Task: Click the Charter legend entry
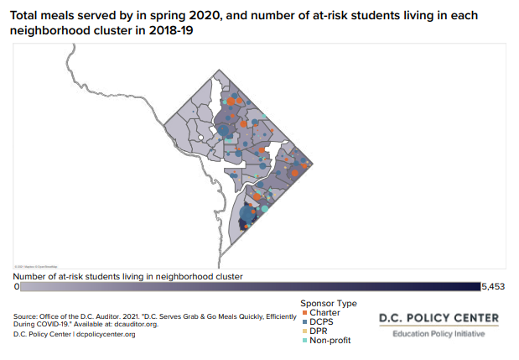[x=324, y=313]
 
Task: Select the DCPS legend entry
[x=322, y=322]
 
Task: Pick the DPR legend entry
[x=319, y=331]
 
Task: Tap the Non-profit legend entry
[x=329, y=341]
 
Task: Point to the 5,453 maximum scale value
[x=493, y=287]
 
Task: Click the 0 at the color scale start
[x=17, y=287]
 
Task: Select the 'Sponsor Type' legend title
[x=329, y=303]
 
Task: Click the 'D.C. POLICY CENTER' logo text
[x=439, y=318]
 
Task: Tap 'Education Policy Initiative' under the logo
[x=439, y=335]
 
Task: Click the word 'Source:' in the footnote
[x=25, y=316]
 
